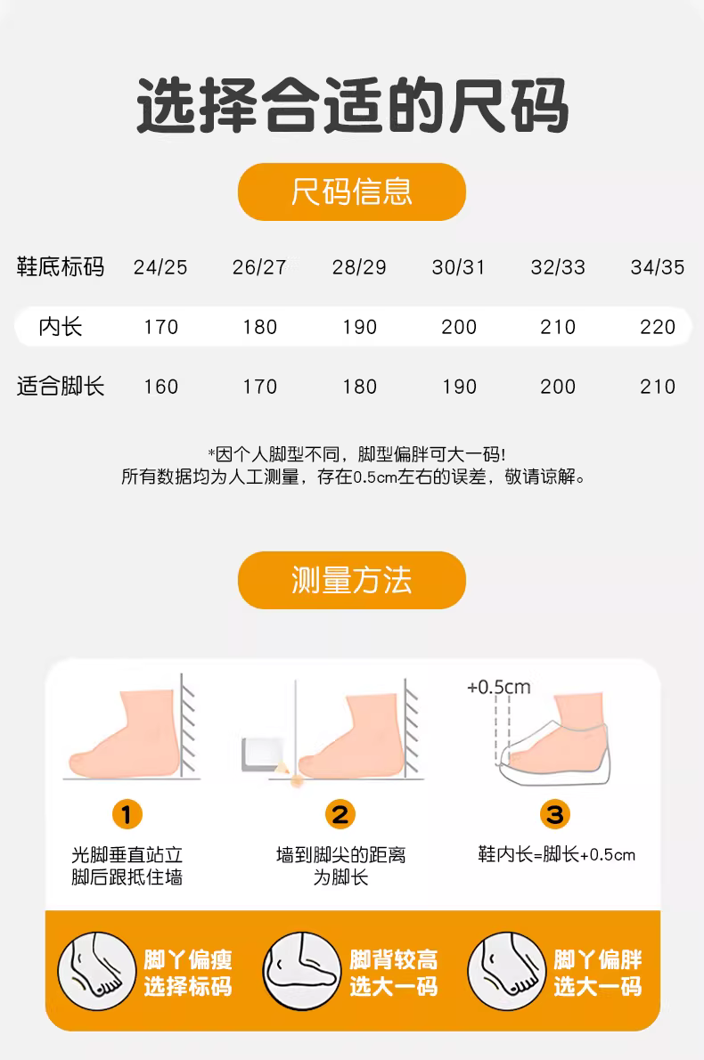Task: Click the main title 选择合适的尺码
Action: [x=352, y=106]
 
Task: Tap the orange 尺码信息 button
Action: [x=352, y=192]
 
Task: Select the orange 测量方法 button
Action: [x=352, y=580]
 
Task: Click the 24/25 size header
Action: [x=160, y=268]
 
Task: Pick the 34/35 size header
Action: [x=658, y=268]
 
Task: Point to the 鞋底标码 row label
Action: [x=61, y=267]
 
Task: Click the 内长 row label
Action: [x=61, y=327]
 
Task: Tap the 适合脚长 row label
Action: [x=61, y=387]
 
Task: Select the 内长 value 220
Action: [x=658, y=327]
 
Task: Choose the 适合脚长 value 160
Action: [x=161, y=387]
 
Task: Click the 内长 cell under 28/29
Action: [x=359, y=327]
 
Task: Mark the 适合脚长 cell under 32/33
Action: [x=558, y=387]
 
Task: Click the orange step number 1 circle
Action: [x=127, y=815]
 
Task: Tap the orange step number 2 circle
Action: [x=340, y=815]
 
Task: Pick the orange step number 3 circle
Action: [x=555, y=815]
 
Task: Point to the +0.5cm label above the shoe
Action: [x=499, y=687]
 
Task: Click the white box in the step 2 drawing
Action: [x=259, y=754]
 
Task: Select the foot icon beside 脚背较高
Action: [x=301, y=972]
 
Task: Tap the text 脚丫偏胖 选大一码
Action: [x=598, y=973]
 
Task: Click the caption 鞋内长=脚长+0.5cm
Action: [x=557, y=854]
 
